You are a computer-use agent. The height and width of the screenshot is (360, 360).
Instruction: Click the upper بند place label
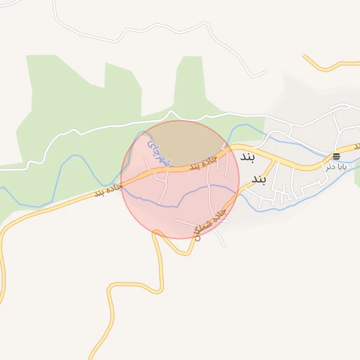click(246, 156)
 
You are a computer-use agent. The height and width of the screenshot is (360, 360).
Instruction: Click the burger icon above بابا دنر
click(336, 155)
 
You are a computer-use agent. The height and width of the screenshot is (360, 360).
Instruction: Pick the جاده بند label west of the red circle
click(108, 190)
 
